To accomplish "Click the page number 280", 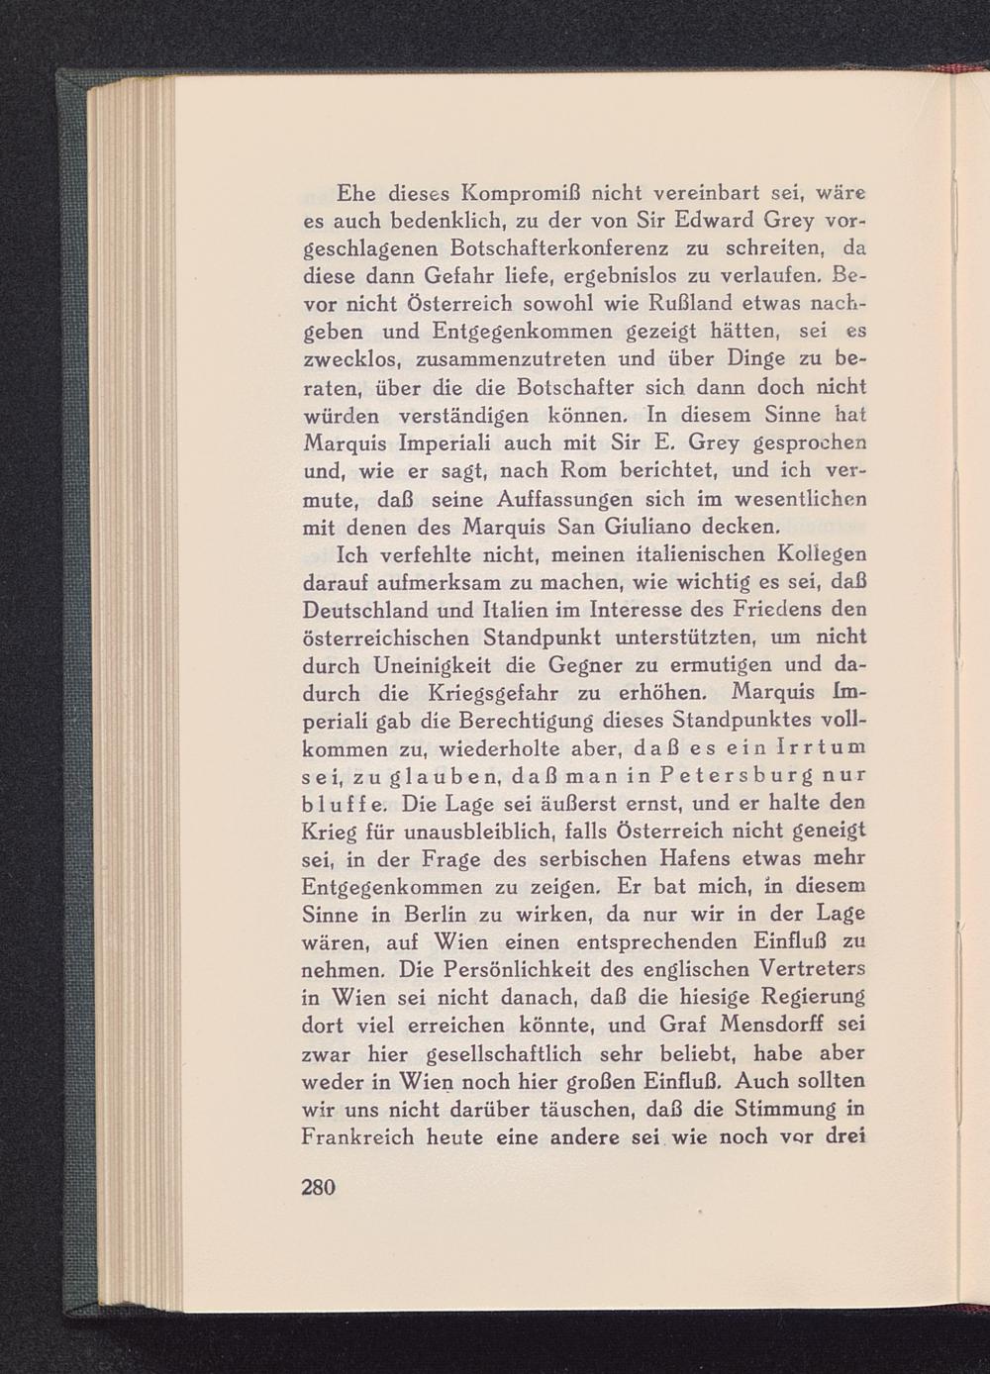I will pos(319,1186).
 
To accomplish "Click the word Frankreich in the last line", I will pos(357,1137).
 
